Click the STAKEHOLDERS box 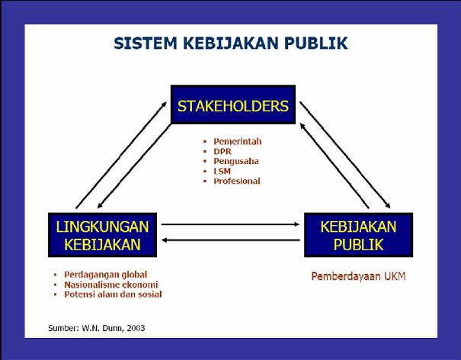pyautogui.click(x=233, y=104)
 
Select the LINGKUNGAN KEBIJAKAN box pyautogui.click(x=102, y=235)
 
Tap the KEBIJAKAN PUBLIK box pyautogui.click(x=358, y=235)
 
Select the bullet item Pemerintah pyautogui.click(x=238, y=142)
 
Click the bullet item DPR pyautogui.click(x=222, y=151)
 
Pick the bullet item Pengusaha pyautogui.click(x=236, y=161)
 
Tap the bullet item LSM pyautogui.click(x=222, y=171)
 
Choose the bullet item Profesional pyautogui.click(x=237, y=181)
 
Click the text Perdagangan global pyautogui.click(x=106, y=275)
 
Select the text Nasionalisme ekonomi pyautogui.click(x=111, y=284)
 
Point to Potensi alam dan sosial pyautogui.click(x=113, y=294)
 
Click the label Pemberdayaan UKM pyautogui.click(x=358, y=276)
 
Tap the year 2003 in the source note pyautogui.click(x=136, y=328)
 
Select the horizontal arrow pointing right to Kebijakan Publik pyautogui.click(x=230, y=224)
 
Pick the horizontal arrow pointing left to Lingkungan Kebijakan pyautogui.click(x=230, y=240)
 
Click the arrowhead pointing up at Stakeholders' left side pyautogui.click(x=164, y=104)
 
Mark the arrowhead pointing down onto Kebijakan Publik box pyautogui.click(x=388, y=206)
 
